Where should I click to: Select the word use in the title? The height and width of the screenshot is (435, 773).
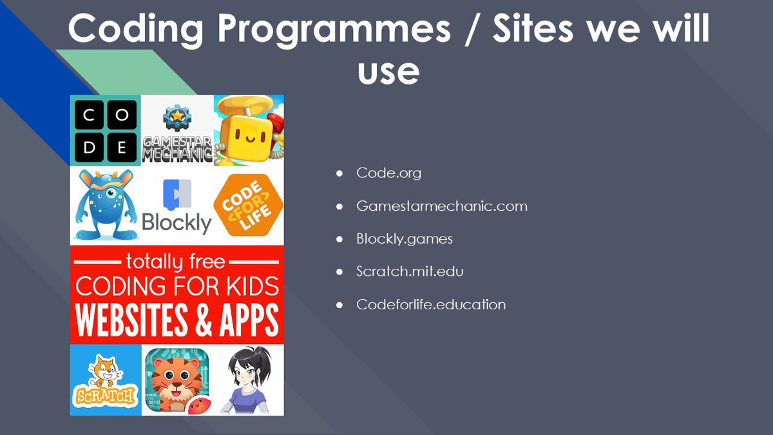(388, 72)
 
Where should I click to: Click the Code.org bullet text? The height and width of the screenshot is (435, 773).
(388, 173)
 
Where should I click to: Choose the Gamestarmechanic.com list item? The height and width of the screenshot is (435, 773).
(442, 206)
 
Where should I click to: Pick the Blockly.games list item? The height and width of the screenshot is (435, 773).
(405, 239)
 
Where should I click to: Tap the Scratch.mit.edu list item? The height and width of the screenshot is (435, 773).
(410, 271)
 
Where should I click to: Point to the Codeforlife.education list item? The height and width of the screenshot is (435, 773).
(431, 304)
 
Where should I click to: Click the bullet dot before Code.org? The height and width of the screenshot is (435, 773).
(339, 173)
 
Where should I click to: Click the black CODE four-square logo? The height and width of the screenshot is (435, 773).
(106, 131)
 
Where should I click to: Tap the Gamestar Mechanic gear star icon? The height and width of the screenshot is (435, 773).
(177, 117)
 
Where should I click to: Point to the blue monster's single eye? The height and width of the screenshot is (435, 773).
(110, 193)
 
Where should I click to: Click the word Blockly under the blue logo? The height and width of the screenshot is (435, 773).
(177, 223)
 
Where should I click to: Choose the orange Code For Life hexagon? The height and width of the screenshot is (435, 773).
(249, 205)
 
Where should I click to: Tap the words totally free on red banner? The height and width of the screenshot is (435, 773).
(175, 262)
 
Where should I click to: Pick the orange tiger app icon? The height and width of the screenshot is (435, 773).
(177, 380)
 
